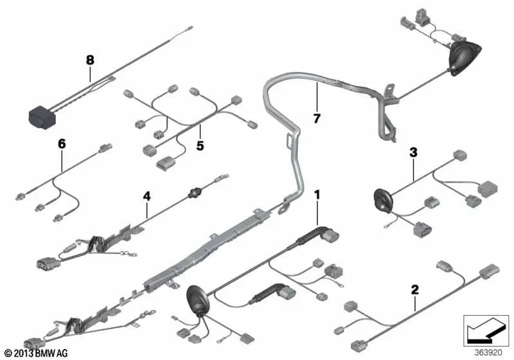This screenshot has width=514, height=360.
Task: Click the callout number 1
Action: coord(315,194)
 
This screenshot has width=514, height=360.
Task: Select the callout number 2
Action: coord(414,290)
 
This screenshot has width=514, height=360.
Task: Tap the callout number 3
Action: coord(413,152)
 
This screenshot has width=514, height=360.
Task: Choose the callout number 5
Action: coord(200,146)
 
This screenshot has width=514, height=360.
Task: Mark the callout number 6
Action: coord(62,145)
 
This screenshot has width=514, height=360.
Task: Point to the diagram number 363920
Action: coord(486,352)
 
